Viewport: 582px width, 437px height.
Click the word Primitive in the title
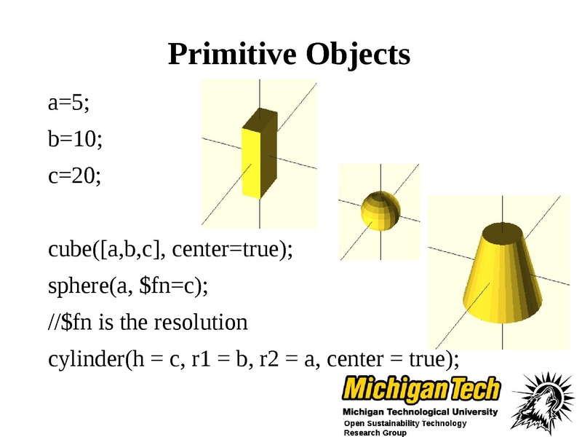(232, 54)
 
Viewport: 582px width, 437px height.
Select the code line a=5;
(68, 102)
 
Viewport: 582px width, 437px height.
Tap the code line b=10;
(75, 139)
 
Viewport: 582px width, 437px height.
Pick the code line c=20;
(74, 176)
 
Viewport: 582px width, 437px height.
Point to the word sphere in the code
(79, 286)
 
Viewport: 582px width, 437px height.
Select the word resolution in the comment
(201, 322)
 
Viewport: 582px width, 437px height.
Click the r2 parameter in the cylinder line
(268, 360)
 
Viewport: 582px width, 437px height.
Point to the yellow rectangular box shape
(260, 154)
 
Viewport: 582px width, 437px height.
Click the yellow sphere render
(380, 210)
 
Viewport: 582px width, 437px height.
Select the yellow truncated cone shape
(502, 273)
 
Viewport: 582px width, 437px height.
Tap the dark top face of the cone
(503, 232)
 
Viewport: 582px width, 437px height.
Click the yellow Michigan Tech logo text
(421, 389)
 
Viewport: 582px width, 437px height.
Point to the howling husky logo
(539, 403)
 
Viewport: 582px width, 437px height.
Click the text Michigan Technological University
(420, 412)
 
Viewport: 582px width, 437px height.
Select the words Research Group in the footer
(375, 433)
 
